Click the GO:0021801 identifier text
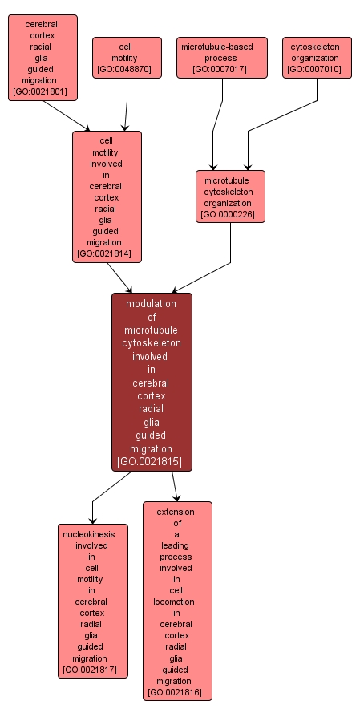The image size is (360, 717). pyautogui.click(x=42, y=92)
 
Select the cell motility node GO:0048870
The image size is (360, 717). pyautogui.click(x=127, y=58)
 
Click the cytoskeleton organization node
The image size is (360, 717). pyautogui.click(x=317, y=58)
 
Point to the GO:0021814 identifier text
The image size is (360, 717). pyautogui.click(x=107, y=254)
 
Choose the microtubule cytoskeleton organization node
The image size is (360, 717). pyautogui.click(x=230, y=196)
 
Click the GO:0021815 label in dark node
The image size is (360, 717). pyautogui.click(x=152, y=462)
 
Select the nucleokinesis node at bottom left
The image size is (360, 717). pyautogui.click(x=92, y=601)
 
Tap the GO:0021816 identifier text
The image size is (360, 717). pyautogui.click(x=177, y=692)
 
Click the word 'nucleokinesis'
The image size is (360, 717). pyautogui.click(x=92, y=534)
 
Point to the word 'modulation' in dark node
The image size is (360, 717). pyautogui.click(x=152, y=304)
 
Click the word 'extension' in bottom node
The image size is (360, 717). pyautogui.click(x=177, y=512)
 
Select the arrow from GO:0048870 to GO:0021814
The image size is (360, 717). pyautogui.click(x=127, y=104)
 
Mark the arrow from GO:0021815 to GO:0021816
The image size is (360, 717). pyautogui.click(x=174, y=486)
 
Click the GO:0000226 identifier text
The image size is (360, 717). pyautogui.click(x=230, y=215)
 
